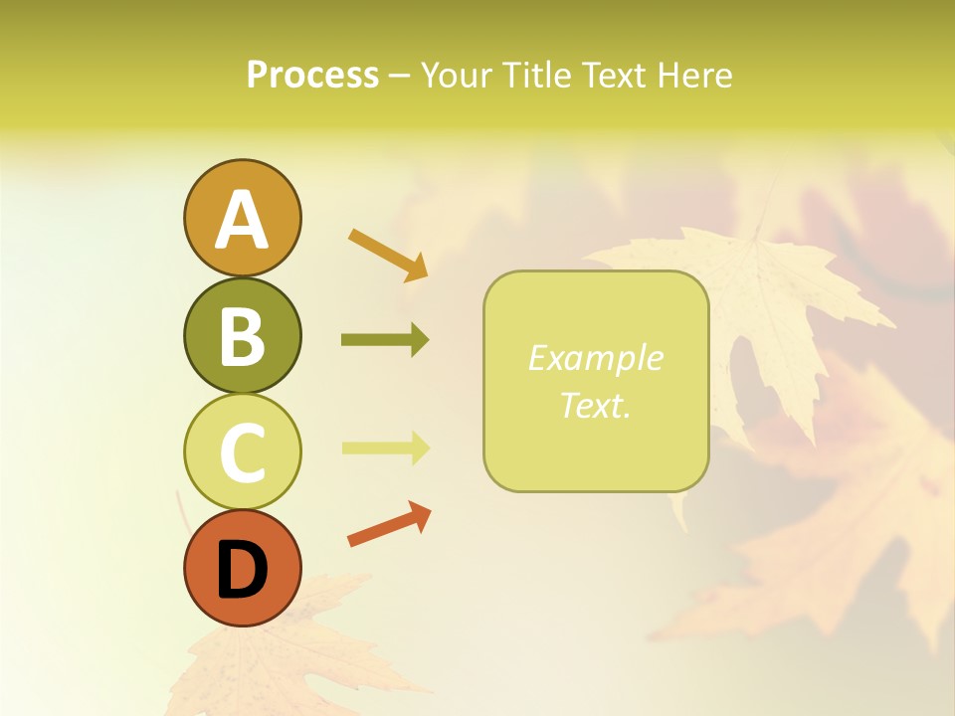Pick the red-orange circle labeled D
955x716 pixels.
point(242,598)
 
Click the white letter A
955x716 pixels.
point(242,221)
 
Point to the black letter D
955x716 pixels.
point(242,571)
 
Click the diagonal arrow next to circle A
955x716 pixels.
point(388,254)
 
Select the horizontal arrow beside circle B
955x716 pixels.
point(385,340)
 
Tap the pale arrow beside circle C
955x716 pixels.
point(385,447)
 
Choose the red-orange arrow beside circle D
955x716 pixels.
point(389,524)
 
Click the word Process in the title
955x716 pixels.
point(312,76)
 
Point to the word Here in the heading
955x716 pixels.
point(695,76)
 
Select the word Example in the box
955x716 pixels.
point(595,358)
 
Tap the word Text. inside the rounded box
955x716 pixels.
point(595,405)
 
